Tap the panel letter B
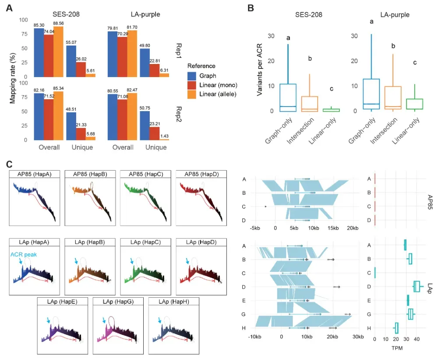[x=250, y=8]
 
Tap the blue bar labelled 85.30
[x=39, y=52]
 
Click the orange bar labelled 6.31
[x=164, y=75]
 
